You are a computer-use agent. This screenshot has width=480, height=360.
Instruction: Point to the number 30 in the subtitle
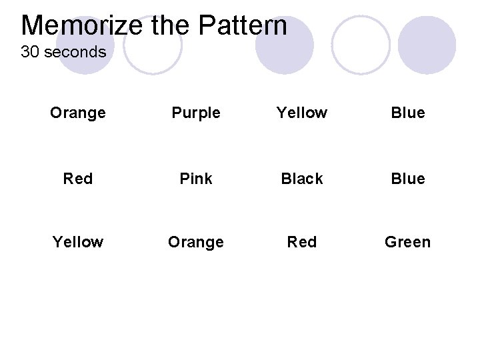(x=29, y=52)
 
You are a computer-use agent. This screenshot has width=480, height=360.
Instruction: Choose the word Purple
(x=196, y=113)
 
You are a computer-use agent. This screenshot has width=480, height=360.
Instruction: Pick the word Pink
(x=196, y=179)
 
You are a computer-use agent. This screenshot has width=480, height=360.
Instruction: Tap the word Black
(x=302, y=179)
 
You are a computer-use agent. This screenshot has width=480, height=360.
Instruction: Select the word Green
(x=407, y=242)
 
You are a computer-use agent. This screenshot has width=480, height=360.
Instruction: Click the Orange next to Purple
(x=78, y=113)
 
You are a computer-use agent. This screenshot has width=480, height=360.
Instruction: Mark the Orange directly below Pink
(x=196, y=242)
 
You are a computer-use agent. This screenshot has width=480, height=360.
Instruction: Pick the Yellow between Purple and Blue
(x=302, y=113)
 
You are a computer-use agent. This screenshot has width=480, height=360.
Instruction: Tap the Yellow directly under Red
(x=78, y=242)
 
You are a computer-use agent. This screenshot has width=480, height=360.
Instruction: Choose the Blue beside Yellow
(x=408, y=113)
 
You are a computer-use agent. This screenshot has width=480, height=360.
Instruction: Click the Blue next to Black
(x=408, y=179)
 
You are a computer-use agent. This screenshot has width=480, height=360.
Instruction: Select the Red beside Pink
(x=78, y=179)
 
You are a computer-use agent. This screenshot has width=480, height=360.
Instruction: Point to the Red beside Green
(x=302, y=242)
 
